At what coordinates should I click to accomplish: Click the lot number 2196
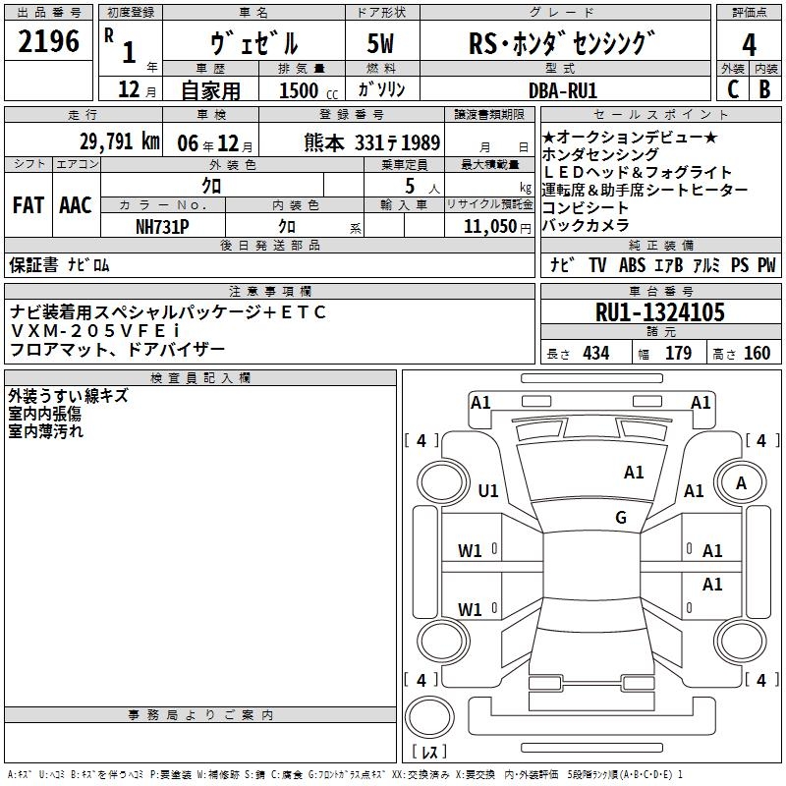tap(49, 42)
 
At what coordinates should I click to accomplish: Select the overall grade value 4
tap(749, 45)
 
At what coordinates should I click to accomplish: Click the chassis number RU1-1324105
tap(660, 313)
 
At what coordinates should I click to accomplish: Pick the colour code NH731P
tap(162, 226)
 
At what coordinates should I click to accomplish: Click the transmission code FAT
tap(28, 205)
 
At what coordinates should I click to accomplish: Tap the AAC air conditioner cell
tap(76, 205)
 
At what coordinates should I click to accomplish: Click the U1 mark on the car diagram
tap(487, 491)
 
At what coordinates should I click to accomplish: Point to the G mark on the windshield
tap(621, 518)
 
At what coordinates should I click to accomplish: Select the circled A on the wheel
tap(741, 483)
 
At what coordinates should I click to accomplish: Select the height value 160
tap(757, 354)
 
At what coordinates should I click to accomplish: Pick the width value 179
tap(678, 354)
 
